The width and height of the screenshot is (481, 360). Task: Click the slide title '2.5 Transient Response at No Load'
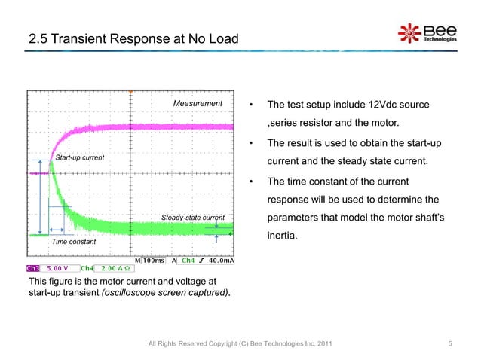[133, 38]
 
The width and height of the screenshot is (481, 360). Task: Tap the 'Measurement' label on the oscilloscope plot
[198, 103]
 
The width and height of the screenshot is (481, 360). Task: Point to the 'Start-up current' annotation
[79, 157]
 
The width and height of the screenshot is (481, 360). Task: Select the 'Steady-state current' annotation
[193, 218]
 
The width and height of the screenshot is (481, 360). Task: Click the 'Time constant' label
[73, 242]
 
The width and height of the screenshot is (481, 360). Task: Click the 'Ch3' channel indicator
[33, 267]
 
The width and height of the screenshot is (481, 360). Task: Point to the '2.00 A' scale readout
[115, 267]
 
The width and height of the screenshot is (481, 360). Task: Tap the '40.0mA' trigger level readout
[221, 261]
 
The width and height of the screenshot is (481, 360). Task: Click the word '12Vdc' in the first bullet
[366, 104]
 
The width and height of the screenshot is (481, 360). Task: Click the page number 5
[449, 345]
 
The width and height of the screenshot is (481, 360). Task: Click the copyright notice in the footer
[239, 345]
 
